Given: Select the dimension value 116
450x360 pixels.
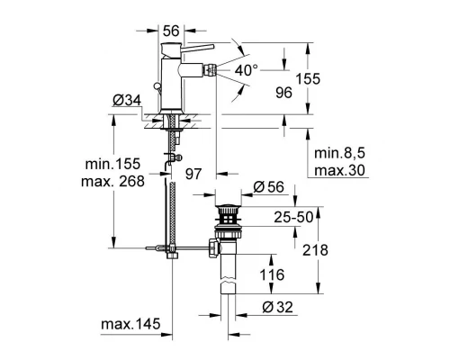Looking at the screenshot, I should [270, 274].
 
